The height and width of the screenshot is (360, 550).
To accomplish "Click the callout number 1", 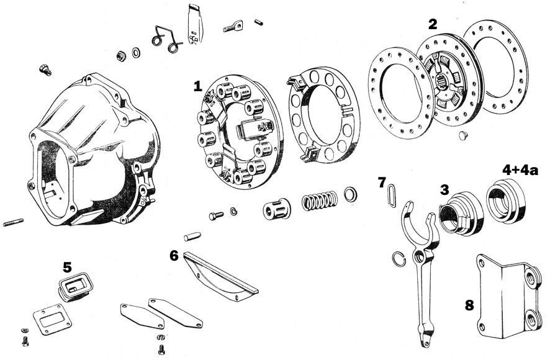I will [x=197, y=86].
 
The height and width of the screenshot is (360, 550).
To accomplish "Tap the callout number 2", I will [x=433, y=24].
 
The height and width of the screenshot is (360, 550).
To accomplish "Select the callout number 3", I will [x=444, y=190].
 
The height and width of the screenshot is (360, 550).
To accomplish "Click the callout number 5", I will [x=67, y=268].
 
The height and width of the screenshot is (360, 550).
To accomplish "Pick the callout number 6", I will [x=174, y=255].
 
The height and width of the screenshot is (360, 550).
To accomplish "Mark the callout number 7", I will [x=383, y=182].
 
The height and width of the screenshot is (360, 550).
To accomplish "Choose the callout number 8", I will [x=470, y=305].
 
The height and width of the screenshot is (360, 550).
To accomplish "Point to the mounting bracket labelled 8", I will [x=508, y=297].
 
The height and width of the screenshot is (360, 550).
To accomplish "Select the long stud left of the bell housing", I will [x=13, y=222].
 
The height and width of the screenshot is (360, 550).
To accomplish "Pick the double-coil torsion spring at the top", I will [x=166, y=38].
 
